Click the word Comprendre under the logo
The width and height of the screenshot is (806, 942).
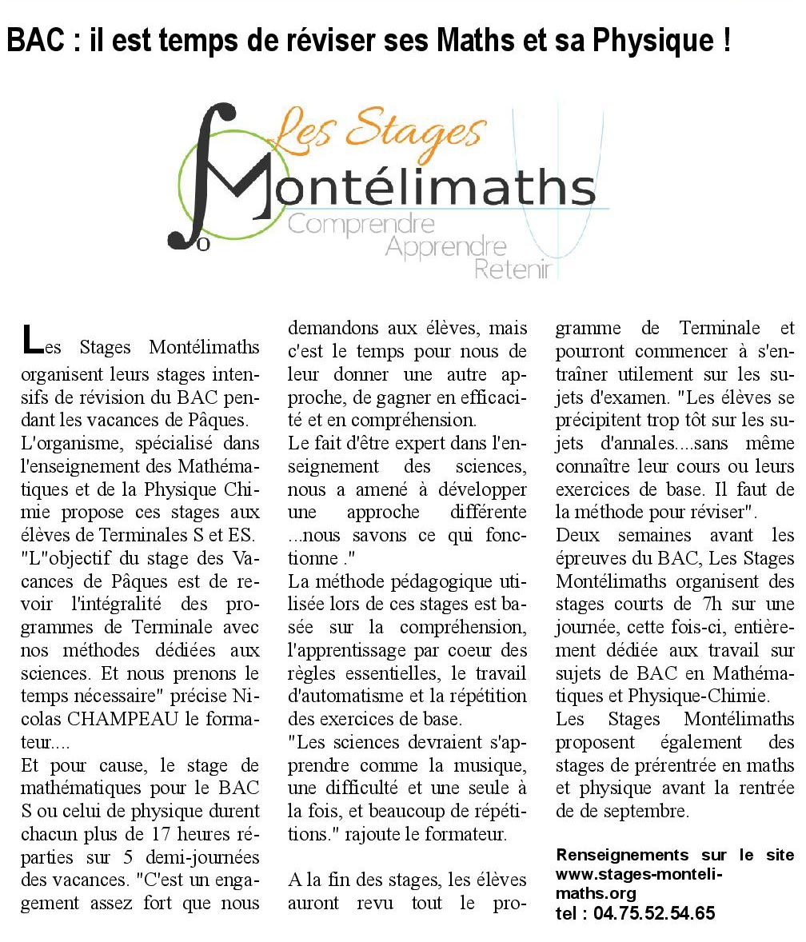coord(361,224)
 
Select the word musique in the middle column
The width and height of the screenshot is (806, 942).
coord(491,765)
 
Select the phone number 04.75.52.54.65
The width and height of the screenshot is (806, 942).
coord(655,913)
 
